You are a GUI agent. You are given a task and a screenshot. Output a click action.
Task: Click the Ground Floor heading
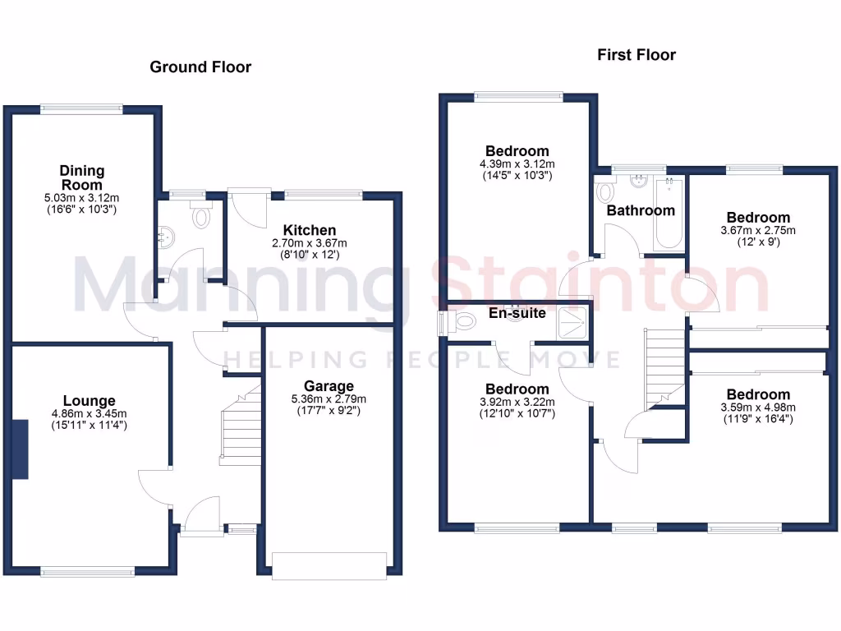coord(200,67)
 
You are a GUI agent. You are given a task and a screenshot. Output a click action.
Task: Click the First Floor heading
coord(636,55)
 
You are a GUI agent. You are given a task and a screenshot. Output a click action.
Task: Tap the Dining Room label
coord(81,177)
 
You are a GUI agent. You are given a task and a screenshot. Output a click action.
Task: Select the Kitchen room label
coord(310,230)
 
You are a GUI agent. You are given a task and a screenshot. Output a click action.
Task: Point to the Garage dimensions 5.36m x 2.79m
coord(329,399)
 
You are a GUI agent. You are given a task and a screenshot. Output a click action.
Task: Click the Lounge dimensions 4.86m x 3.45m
coord(90,413)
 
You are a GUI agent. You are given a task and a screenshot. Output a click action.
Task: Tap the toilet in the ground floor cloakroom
coord(200,218)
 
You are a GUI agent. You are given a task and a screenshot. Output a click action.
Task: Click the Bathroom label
coord(641,210)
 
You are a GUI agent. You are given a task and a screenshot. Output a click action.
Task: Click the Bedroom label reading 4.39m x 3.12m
coord(517,151)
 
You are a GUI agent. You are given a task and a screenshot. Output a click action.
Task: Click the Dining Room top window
coord(81,107)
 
